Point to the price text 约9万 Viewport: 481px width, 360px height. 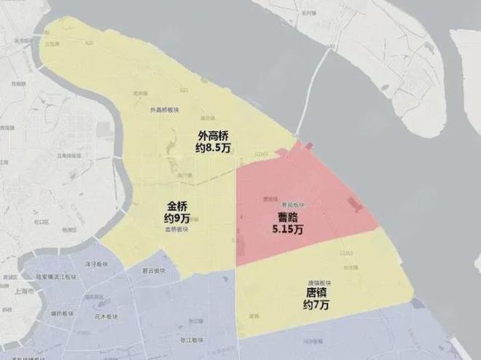[178, 218]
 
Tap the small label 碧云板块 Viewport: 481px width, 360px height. [155, 271]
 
